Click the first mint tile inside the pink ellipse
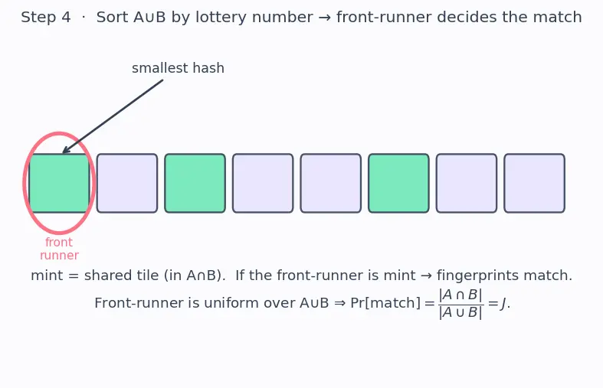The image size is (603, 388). pos(59,183)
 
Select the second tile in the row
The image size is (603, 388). pos(127,183)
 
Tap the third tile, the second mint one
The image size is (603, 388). pos(195,183)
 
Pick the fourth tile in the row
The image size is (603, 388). pos(263,183)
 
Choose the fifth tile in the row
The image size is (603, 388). pos(331,183)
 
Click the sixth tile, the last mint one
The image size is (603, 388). pos(398,183)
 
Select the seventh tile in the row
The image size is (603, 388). pos(467,183)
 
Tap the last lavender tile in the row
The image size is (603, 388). pos(535,183)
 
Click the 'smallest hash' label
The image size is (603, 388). pos(178,68)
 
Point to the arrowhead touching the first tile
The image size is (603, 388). pos(65,150)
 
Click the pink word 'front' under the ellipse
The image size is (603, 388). pos(59,243)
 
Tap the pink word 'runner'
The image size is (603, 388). pos(59,256)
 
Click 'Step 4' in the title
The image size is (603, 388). pos(46,18)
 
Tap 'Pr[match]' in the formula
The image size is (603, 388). pos(385,303)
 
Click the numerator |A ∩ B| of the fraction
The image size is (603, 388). pos(460,295)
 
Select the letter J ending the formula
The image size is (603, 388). pos(503,304)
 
